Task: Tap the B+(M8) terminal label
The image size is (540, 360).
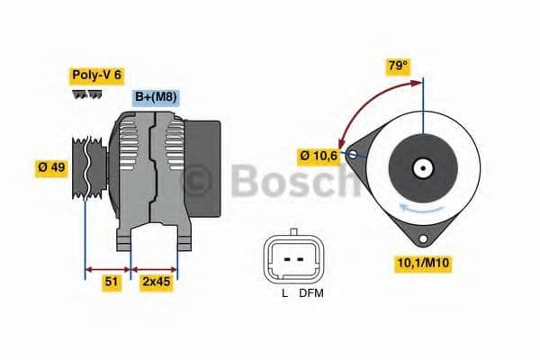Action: (155, 98)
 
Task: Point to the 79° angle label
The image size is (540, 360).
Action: (397, 67)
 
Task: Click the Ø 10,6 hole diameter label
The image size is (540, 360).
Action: (319, 156)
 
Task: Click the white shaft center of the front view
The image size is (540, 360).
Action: (421, 167)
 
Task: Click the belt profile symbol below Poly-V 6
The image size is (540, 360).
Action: (86, 93)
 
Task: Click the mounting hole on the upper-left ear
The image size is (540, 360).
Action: (353, 155)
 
